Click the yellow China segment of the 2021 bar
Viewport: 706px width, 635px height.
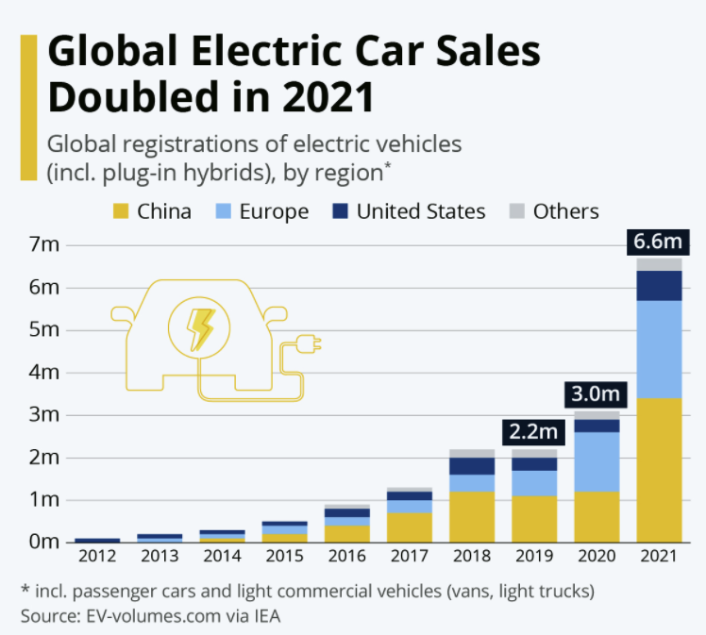658,469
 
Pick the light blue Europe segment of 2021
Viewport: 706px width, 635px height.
658,349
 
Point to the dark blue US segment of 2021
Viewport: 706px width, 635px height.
658,285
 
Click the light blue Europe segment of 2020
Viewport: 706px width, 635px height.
597,461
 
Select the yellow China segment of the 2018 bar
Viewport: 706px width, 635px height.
472,516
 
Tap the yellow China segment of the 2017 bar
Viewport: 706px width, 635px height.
410,526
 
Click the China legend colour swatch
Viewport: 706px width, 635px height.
121,211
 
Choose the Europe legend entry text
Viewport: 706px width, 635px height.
274,211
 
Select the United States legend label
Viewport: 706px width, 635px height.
420,211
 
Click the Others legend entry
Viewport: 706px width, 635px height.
565,211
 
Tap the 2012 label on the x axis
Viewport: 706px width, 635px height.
96,556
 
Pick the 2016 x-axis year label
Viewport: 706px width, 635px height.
346,556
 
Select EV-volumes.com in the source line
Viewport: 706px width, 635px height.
137,616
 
